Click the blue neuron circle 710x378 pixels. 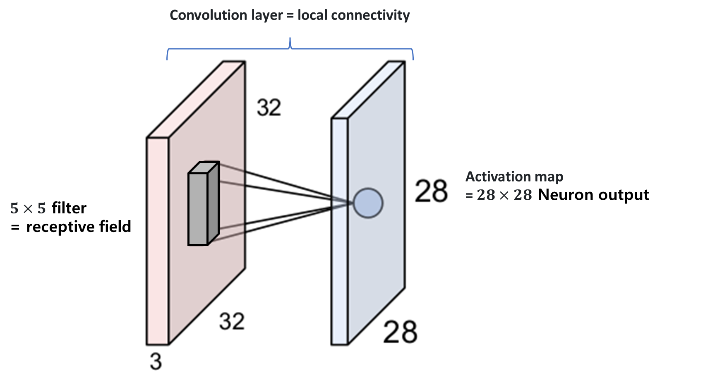coord(368,203)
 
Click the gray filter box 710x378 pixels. coord(203,203)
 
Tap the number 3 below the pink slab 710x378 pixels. coord(156,361)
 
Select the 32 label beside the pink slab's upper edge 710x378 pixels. coord(269,108)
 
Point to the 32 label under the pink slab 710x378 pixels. coord(232,321)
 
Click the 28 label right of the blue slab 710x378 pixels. coord(431,191)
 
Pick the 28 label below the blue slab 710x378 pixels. coord(400,332)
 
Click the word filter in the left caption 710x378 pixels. coord(69,208)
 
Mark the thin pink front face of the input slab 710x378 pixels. coord(158,241)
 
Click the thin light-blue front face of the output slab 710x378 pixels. coord(340,231)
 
